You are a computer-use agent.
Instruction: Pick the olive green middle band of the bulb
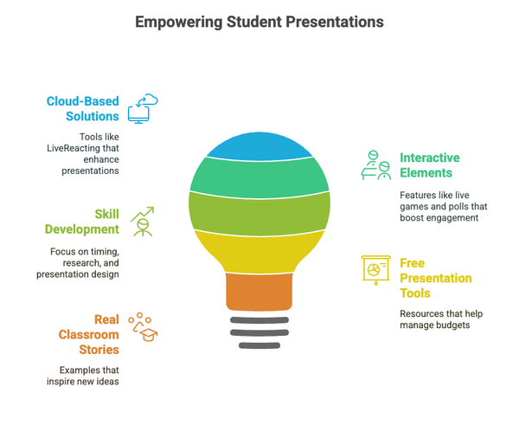(x=259, y=213)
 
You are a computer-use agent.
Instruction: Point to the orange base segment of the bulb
(x=259, y=291)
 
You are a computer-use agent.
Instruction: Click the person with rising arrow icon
(x=143, y=222)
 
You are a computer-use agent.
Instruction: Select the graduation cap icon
(x=144, y=329)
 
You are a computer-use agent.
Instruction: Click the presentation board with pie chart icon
(x=375, y=269)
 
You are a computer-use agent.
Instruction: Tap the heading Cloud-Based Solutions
(x=82, y=108)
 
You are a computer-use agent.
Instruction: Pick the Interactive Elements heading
(x=430, y=164)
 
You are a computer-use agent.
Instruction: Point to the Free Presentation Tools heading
(x=435, y=278)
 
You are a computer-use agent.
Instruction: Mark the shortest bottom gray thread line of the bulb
(x=259, y=345)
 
